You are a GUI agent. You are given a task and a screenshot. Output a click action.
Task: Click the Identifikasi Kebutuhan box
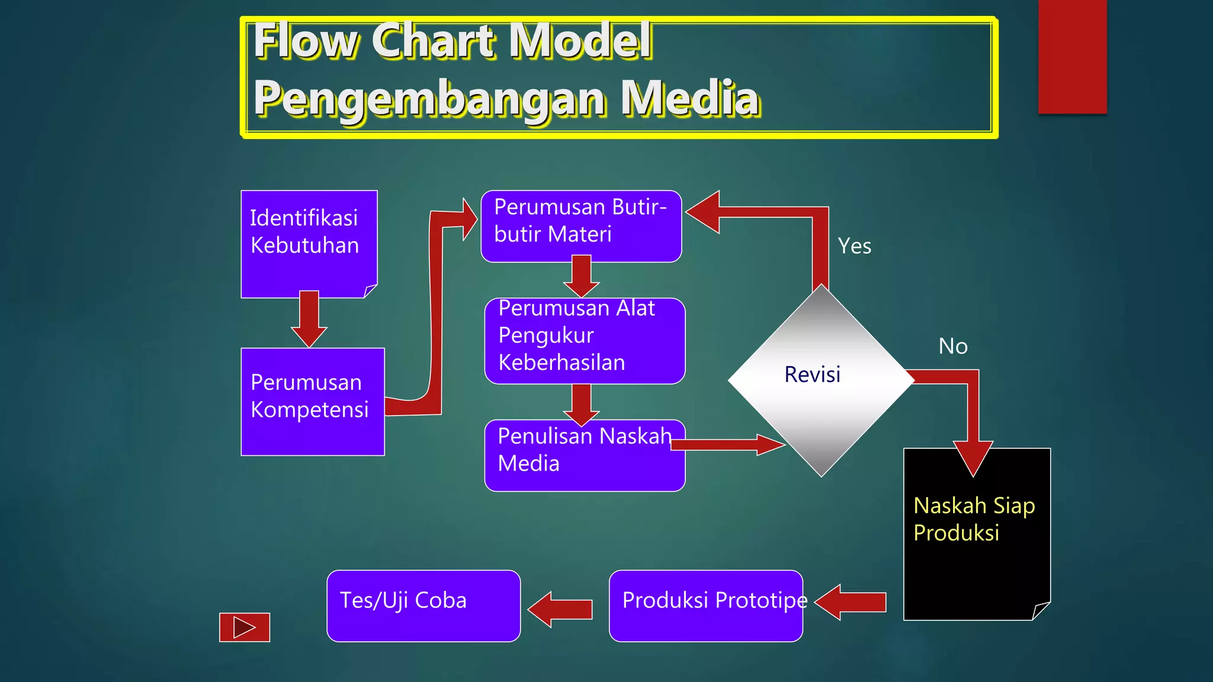309,243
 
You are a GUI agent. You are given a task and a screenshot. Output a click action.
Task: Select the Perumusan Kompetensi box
312,401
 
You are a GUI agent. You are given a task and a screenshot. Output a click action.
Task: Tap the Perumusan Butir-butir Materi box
581,226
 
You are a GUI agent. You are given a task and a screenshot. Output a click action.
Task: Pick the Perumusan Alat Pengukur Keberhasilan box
585,340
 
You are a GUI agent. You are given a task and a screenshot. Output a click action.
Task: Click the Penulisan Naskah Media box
585,455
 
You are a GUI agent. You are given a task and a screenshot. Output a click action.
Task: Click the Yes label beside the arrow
854,246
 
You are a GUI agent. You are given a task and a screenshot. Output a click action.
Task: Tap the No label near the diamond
952,346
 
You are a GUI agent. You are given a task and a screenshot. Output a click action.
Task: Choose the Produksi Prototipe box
705,605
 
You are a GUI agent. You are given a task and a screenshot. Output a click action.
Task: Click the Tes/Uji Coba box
423,605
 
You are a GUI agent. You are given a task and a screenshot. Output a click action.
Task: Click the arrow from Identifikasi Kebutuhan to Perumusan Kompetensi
309,319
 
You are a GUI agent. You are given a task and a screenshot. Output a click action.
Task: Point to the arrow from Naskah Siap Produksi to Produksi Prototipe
852,602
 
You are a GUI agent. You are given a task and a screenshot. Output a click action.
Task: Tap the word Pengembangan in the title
429,98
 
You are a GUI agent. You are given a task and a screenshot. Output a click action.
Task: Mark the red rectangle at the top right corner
1072,56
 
